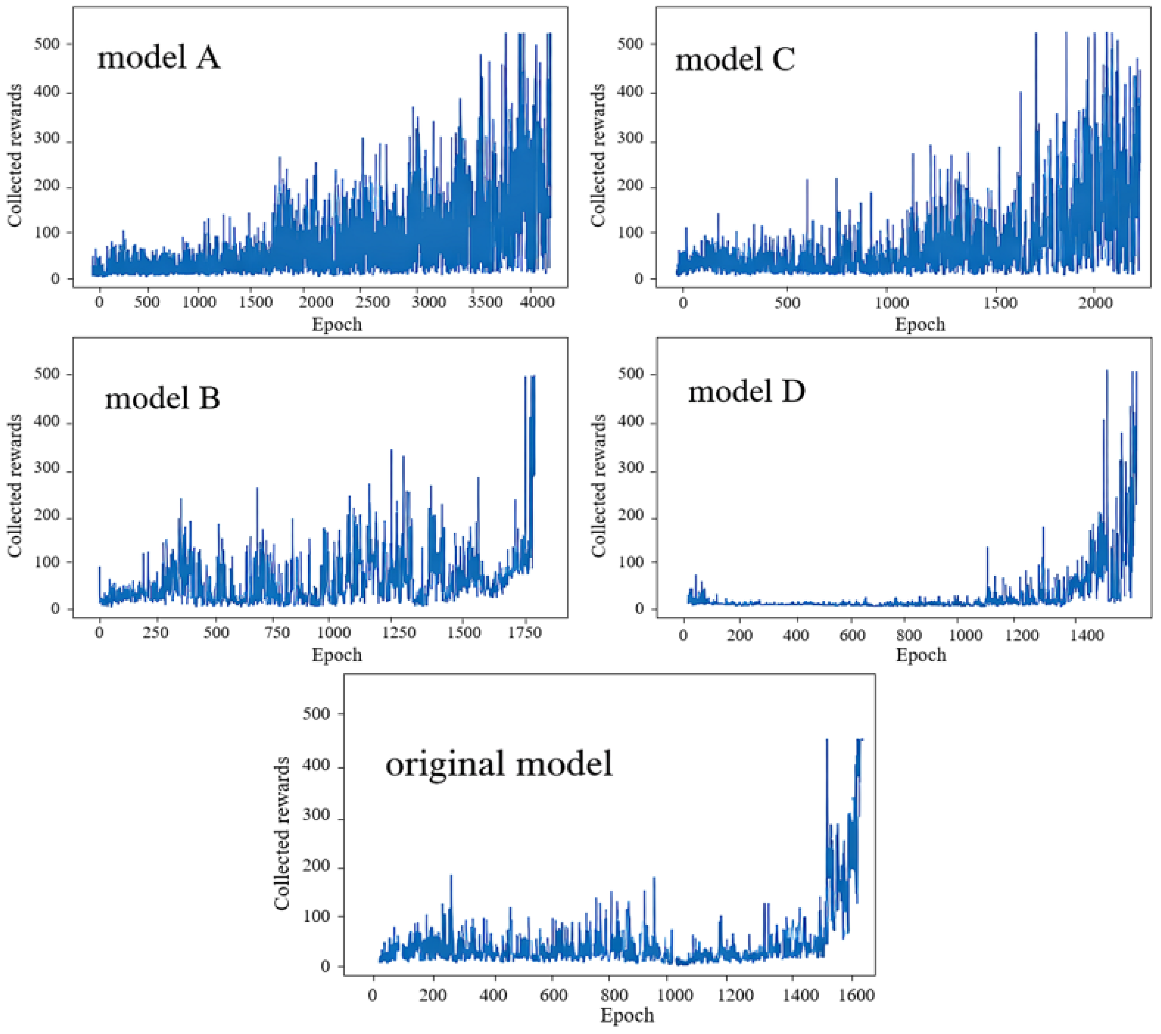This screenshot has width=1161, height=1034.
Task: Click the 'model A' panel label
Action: (159, 58)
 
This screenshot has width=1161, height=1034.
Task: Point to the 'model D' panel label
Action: (746, 391)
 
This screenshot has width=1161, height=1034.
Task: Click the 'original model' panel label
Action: (499, 764)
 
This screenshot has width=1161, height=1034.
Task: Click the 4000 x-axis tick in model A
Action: (537, 302)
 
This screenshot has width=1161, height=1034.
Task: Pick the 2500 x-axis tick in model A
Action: (373, 302)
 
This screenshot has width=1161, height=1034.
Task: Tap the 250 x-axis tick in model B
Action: (155, 632)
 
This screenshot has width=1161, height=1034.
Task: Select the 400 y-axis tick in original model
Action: (316, 765)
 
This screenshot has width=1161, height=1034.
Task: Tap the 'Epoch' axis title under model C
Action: (920, 324)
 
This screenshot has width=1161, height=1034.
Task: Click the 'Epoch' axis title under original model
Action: (627, 1015)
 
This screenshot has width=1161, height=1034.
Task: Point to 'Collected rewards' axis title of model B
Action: (15, 486)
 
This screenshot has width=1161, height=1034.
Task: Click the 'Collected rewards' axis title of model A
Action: (15, 155)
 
